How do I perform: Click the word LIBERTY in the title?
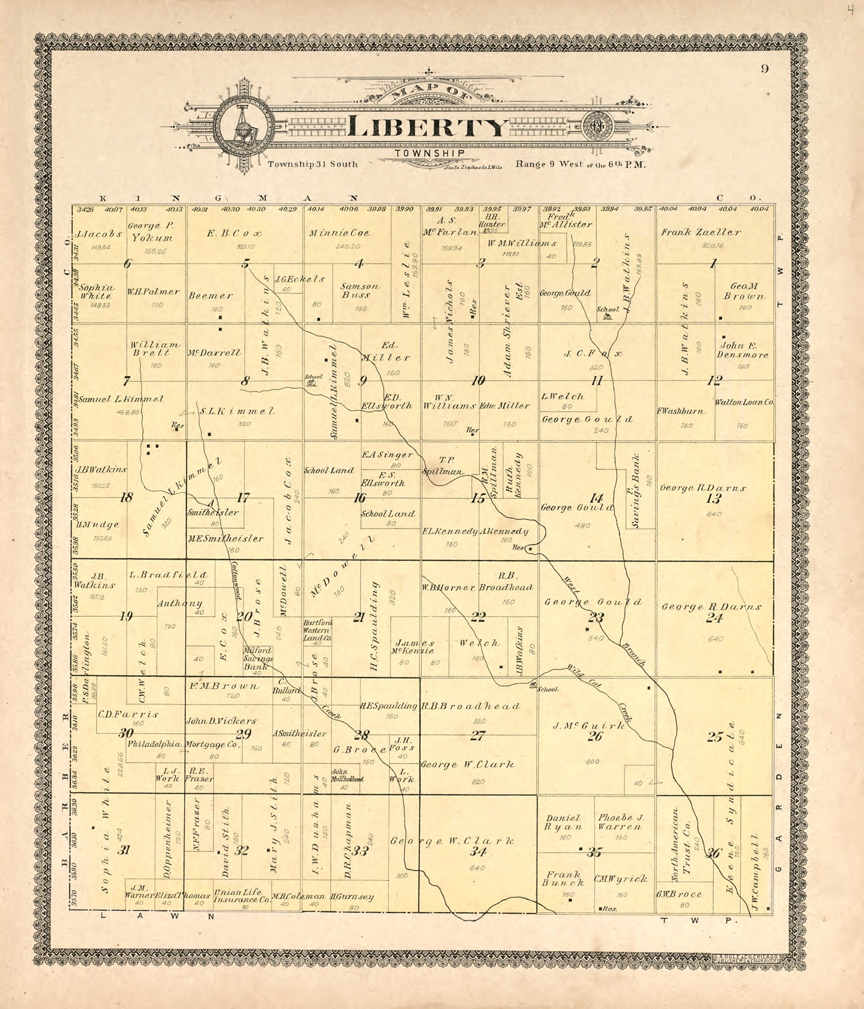[427, 127]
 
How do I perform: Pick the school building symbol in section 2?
[606, 317]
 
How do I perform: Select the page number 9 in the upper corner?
[765, 69]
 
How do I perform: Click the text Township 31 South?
[313, 164]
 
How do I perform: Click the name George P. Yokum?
[150, 232]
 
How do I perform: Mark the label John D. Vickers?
[221, 721]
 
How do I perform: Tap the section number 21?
[359, 618]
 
